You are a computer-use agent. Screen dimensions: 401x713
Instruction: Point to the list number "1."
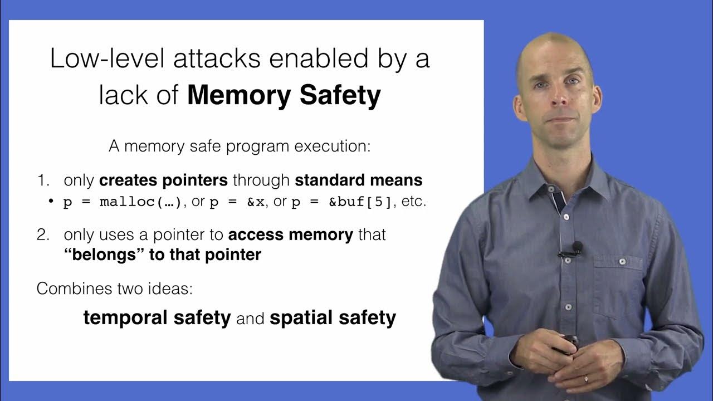tap(44, 180)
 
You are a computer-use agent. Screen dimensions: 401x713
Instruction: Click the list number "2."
tap(44, 234)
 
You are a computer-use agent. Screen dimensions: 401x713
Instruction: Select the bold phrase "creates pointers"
tap(163, 180)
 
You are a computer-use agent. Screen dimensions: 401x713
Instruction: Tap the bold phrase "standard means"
tap(358, 180)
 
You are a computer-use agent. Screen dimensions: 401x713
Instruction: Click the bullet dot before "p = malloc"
tap(51, 202)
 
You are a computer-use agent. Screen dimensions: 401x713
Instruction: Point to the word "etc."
tap(414, 202)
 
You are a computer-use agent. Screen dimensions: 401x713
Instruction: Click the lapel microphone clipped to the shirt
tap(577, 247)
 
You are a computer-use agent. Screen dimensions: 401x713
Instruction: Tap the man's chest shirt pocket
tap(613, 284)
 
